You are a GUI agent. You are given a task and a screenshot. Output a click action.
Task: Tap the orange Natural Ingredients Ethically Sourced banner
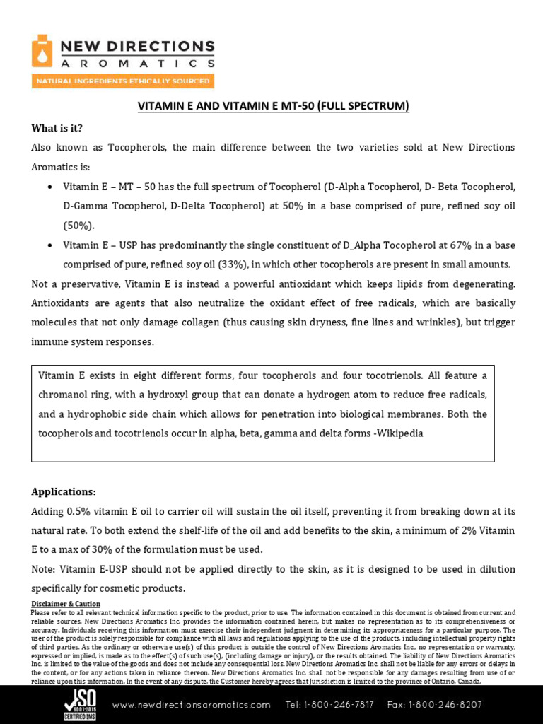(122, 81)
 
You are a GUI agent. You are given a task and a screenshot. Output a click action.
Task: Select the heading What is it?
(57, 128)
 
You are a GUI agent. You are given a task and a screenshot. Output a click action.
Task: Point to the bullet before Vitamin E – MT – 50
(49, 187)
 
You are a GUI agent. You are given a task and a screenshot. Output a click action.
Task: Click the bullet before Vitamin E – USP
(49, 245)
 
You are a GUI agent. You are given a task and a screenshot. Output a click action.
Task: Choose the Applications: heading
(64, 491)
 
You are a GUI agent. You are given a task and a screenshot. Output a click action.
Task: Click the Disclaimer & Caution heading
(66, 604)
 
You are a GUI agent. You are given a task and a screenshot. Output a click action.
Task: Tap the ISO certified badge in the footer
(80, 705)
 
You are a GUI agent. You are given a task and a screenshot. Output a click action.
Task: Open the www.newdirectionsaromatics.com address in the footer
(191, 705)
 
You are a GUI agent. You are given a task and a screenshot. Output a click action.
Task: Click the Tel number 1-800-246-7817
(329, 705)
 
